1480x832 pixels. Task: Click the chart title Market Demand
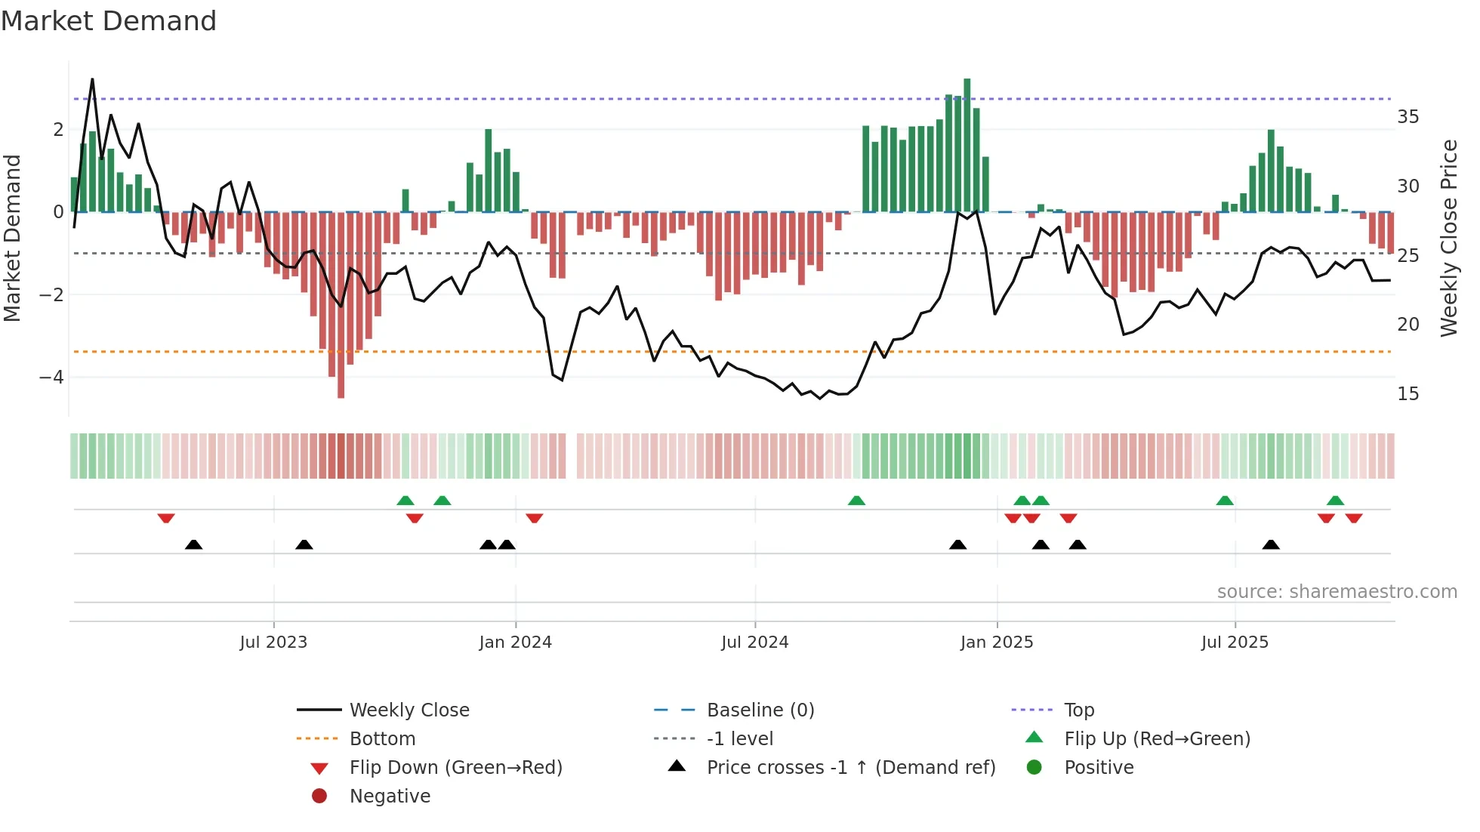point(109,21)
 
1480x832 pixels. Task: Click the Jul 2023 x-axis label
point(273,642)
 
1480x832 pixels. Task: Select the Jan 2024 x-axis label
point(515,642)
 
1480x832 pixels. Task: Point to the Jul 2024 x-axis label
point(754,642)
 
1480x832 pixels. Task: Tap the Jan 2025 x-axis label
point(997,642)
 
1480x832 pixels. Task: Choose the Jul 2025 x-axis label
point(1235,642)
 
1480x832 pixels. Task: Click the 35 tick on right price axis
point(1408,117)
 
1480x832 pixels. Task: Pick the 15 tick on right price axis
point(1408,394)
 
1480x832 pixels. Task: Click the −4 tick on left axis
point(51,377)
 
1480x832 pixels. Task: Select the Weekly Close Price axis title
point(1448,238)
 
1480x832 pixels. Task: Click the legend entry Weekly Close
point(409,710)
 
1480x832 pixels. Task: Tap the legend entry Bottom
point(382,739)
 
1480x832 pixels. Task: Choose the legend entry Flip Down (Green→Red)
point(455,768)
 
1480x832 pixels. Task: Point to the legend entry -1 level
point(739,739)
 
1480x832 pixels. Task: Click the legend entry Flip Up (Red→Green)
point(1157,739)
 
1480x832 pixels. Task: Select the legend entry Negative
point(390,797)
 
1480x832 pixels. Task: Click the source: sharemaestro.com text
point(1337,592)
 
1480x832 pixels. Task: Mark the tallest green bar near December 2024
point(967,143)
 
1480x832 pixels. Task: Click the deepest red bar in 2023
point(341,306)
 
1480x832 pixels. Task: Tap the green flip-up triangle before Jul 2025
point(1225,501)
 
